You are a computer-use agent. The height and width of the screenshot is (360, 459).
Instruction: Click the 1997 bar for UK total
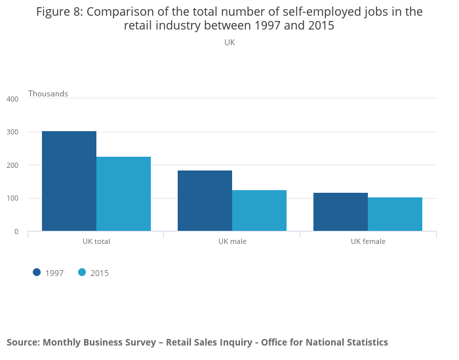tap(69, 181)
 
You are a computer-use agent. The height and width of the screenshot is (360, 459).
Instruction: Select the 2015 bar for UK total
tap(123, 193)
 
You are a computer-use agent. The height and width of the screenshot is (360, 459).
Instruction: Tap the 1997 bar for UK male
tap(205, 201)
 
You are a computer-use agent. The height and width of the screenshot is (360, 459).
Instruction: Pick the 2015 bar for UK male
tap(259, 210)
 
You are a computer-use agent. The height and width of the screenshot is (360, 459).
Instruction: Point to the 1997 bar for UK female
tap(340, 212)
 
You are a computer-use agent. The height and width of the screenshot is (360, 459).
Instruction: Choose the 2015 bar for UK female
tap(395, 214)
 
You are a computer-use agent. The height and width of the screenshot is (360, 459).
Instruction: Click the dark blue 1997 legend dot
tap(37, 273)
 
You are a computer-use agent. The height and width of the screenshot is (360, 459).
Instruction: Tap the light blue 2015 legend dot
tap(82, 273)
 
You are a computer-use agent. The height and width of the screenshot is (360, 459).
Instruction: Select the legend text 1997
tap(54, 273)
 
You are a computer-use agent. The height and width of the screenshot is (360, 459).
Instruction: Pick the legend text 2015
tap(100, 273)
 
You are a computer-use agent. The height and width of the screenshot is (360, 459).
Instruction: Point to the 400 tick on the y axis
tap(12, 99)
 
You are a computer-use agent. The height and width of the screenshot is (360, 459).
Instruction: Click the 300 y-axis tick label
tap(12, 132)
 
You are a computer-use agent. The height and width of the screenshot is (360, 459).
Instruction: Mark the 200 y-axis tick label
tap(12, 165)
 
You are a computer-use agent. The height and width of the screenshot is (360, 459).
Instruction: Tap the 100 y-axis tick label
tap(12, 199)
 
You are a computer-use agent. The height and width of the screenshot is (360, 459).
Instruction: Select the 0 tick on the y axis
tap(15, 231)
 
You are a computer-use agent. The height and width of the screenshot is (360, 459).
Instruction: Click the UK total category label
tap(96, 241)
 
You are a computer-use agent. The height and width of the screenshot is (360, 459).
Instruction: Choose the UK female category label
tap(368, 241)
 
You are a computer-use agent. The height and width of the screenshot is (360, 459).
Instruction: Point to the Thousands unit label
tap(48, 94)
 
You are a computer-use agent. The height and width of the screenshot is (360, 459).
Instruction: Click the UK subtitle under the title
tap(229, 43)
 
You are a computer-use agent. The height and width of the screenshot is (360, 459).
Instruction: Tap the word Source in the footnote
tap(23, 342)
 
